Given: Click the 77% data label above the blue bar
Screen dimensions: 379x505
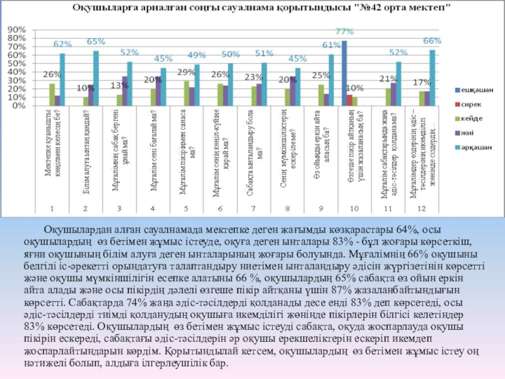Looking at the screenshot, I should (345, 31).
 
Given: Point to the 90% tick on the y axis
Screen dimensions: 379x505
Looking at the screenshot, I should (16, 30).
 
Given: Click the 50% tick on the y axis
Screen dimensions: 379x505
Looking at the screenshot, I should (16, 63).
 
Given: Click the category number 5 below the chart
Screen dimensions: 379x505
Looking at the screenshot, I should (186, 207).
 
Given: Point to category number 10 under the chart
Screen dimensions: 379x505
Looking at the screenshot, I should (353, 207).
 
